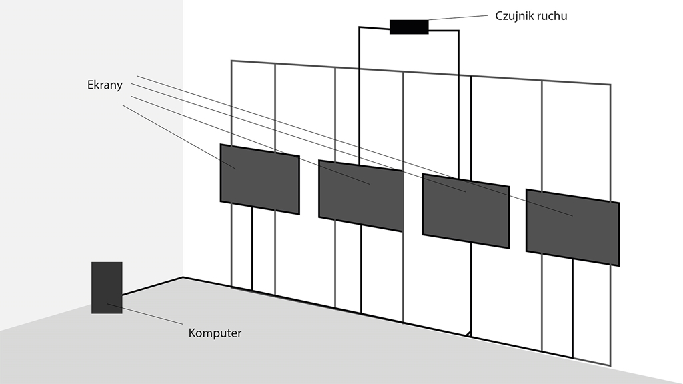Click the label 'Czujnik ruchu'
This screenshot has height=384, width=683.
point(531,15)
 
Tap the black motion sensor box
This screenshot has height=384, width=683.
point(409,27)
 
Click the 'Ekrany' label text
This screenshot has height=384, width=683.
point(105,85)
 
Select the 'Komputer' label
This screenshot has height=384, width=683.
point(215,333)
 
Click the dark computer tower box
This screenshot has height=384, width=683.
point(107,287)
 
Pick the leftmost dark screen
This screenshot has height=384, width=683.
point(259,179)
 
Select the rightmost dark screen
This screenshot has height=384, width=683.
point(572,227)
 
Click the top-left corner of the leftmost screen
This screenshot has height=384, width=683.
point(221,145)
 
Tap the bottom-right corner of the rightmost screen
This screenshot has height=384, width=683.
point(618,265)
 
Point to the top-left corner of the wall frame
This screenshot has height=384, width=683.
point(231,61)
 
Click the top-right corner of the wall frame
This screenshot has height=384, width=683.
point(610,85)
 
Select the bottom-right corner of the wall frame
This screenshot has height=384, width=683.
point(610,365)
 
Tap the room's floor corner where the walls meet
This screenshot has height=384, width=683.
point(183,277)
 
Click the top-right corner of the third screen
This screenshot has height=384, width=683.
point(508,187)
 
